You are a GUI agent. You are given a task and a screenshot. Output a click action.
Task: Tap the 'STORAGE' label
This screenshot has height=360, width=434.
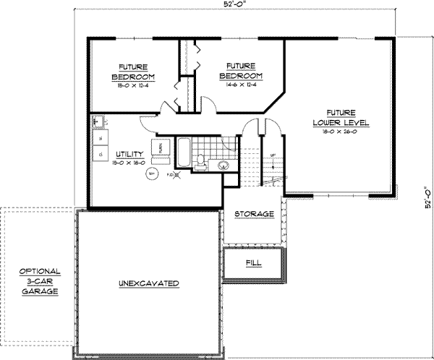coord(255,215)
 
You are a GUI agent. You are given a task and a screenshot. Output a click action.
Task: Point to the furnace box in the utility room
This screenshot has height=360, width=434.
coord(157,149)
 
